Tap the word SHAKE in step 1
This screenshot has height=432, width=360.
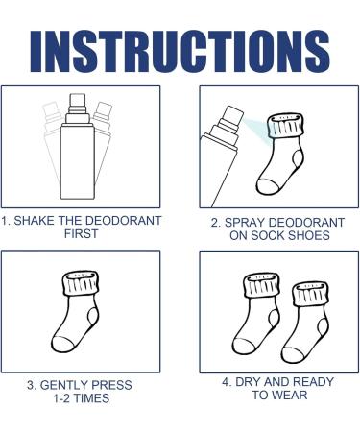pos(43,220)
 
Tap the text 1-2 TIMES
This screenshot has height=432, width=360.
pos(81,398)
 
